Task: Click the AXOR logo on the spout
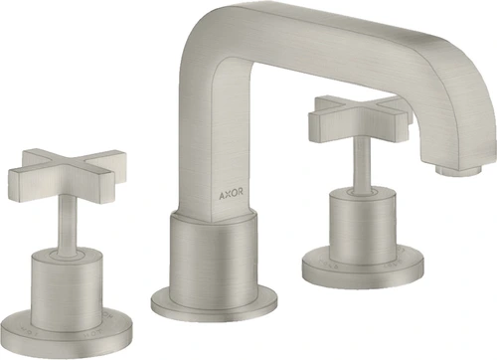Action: [x=231, y=194]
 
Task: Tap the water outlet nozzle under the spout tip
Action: [x=457, y=170]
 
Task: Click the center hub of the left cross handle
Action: [x=69, y=169]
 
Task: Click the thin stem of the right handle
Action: [x=362, y=164]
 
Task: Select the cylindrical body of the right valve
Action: [x=363, y=226]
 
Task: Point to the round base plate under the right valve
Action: [x=363, y=270]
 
